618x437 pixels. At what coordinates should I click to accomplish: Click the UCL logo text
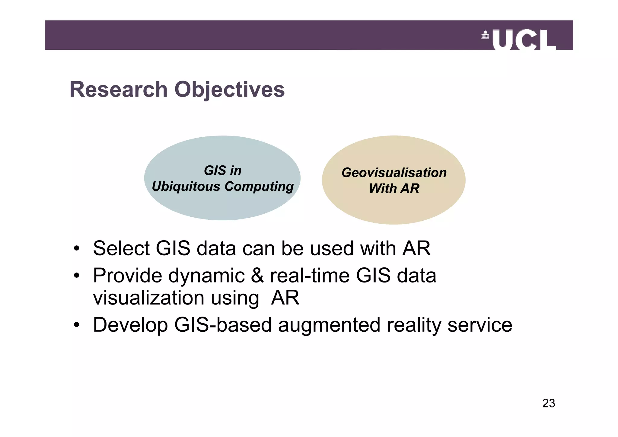tap(524, 40)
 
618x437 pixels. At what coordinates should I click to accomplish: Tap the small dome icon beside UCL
tap(485, 35)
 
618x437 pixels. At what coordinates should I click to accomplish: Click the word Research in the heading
tap(119, 90)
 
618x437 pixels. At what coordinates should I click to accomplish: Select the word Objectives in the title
tap(229, 90)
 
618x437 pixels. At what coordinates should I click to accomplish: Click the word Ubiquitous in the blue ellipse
tap(186, 187)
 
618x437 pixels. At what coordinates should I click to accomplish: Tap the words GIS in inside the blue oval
tap(223, 171)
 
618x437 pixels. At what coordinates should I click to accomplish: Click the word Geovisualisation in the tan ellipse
tap(394, 173)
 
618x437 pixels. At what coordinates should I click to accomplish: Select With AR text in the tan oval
tap(394, 189)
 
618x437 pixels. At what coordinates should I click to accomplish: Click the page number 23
tap(548, 404)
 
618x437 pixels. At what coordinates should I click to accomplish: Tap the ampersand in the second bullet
tap(257, 276)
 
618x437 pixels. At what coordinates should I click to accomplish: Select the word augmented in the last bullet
tap(329, 325)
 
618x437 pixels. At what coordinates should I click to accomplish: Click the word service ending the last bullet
tap(479, 325)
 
